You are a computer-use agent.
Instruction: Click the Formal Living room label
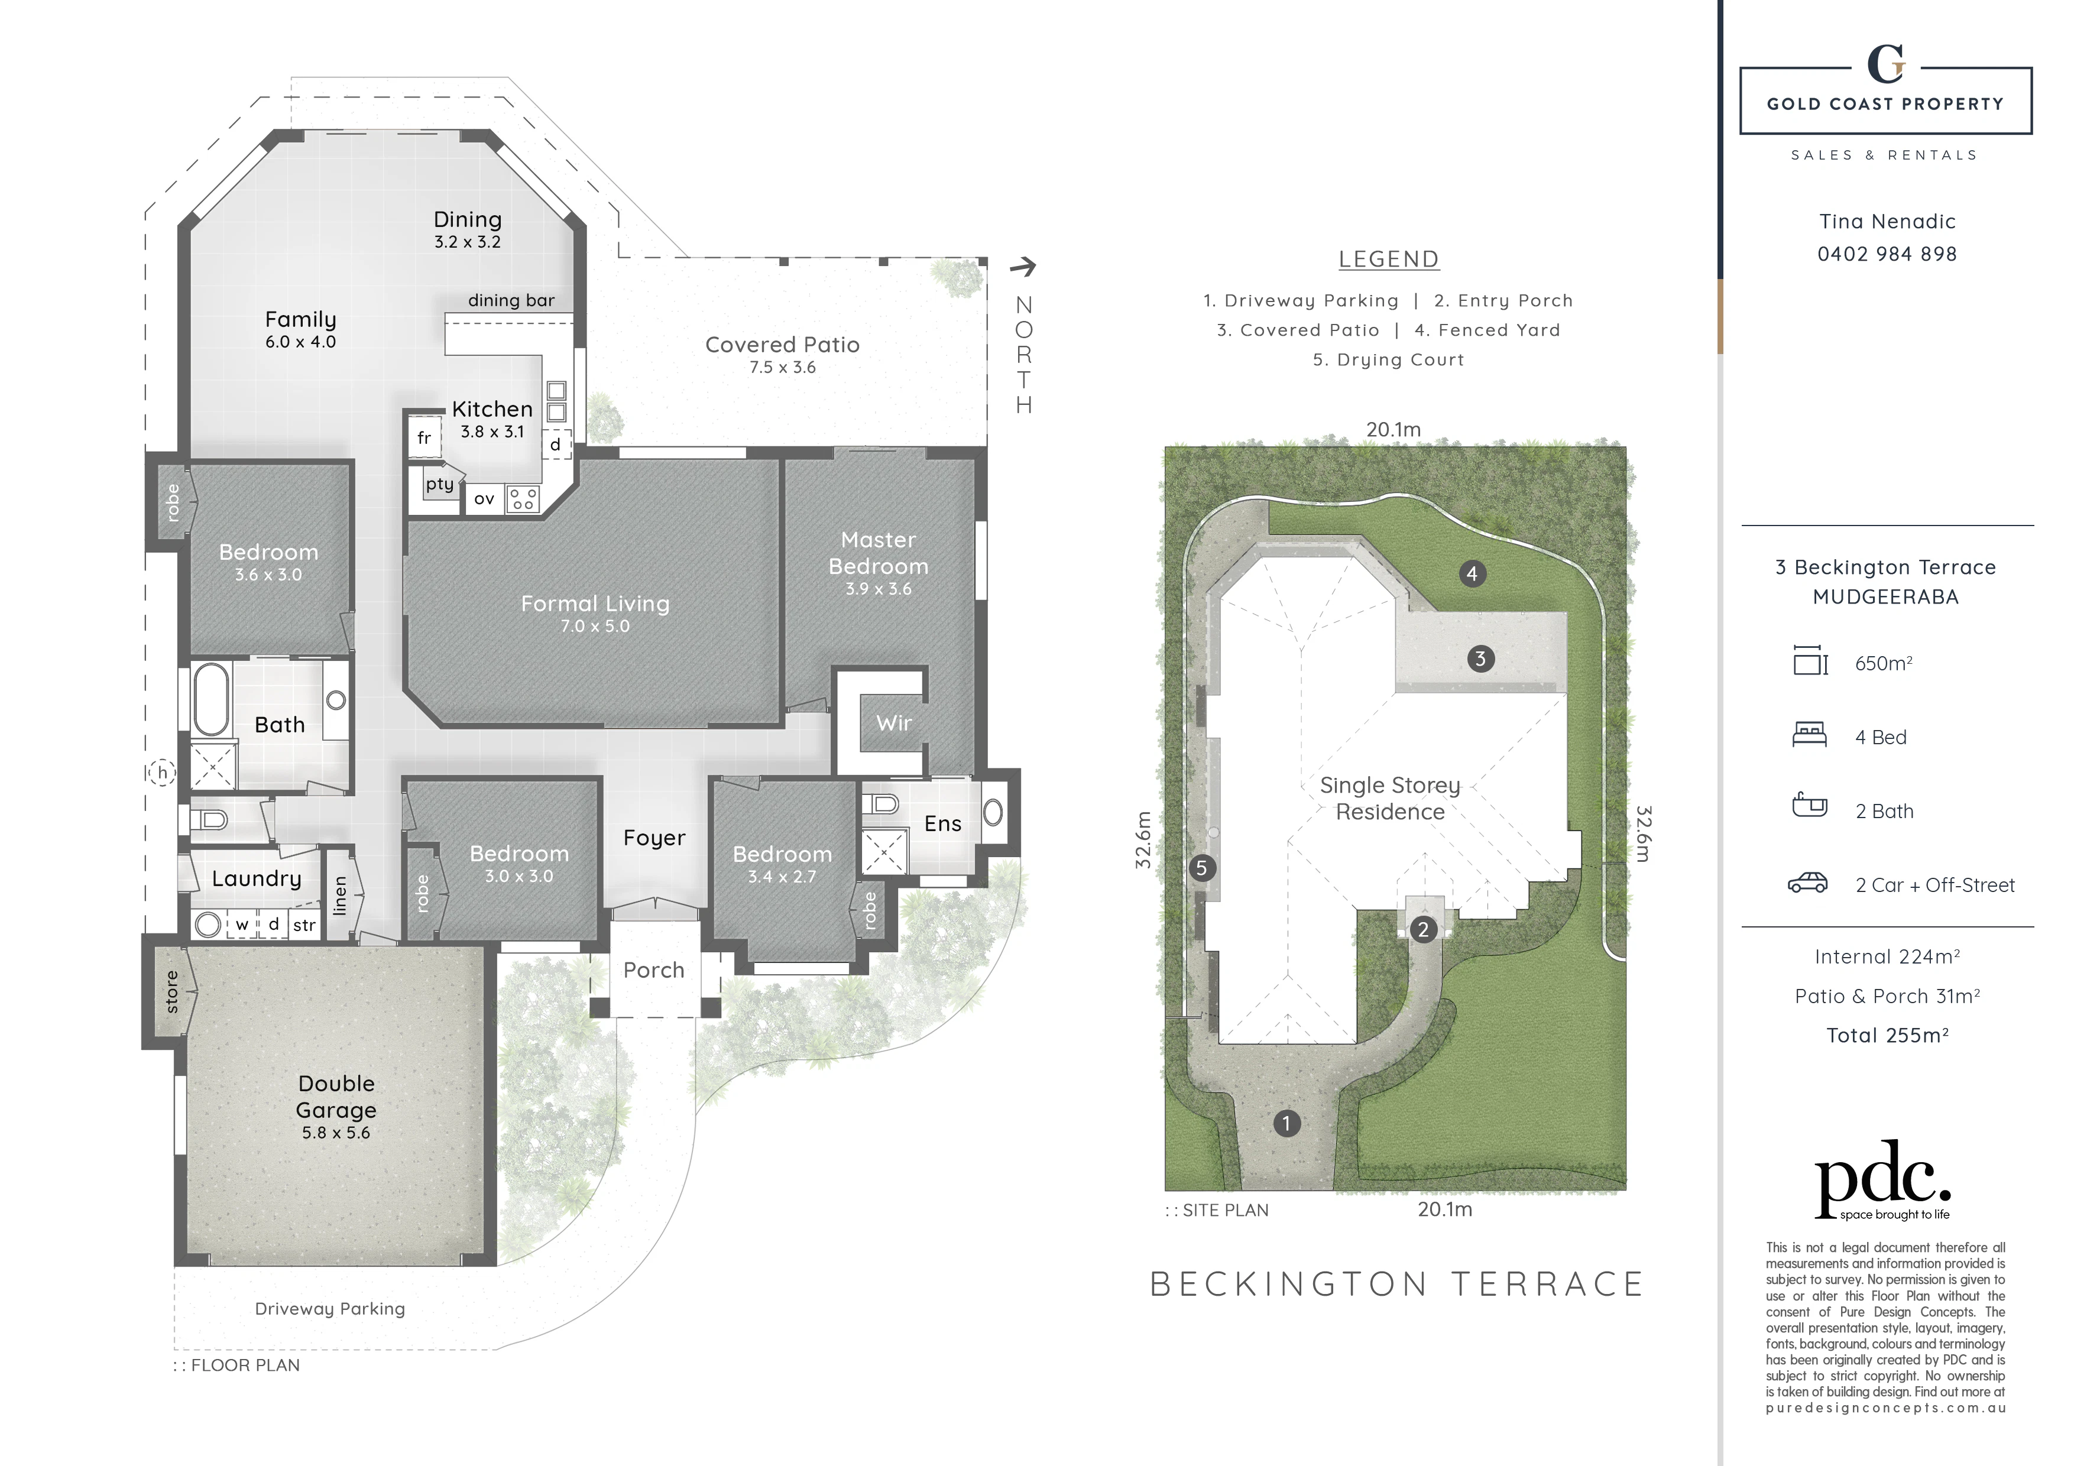click(595, 604)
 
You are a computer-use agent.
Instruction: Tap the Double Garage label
click(336, 1097)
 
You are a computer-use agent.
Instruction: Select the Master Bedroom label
click(878, 553)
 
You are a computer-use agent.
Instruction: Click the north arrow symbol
click(1023, 267)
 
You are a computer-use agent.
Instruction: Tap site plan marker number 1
click(1286, 1124)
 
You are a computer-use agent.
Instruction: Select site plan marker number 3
click(1480, 659)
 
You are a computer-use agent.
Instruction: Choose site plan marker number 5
click(1201, 868)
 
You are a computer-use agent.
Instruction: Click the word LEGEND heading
click(1388, 260)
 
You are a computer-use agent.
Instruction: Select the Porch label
click(654, 970)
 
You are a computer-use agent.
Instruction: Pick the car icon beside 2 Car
click(1807, 883)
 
